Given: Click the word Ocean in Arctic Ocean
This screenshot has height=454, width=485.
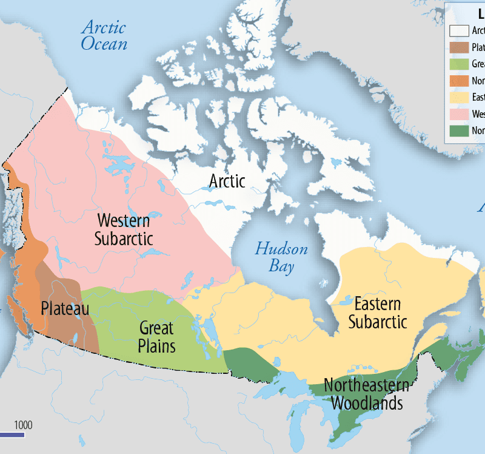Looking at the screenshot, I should pos(105,44).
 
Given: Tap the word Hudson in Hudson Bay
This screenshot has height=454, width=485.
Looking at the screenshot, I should pos(281,249).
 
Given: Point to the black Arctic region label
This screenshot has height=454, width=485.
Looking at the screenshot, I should pos(227,181).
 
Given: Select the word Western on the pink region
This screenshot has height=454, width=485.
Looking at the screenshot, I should pos(124,220).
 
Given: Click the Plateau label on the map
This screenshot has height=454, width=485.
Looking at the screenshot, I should pos(65,308).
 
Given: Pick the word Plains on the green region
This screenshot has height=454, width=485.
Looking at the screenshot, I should pos(156,346).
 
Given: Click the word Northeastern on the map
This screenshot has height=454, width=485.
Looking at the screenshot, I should pos(366,385).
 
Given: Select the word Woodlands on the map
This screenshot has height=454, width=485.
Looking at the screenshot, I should pos(367,402).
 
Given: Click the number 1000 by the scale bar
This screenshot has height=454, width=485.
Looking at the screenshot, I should pos(23,424).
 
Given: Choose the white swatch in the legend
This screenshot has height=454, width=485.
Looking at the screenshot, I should pos(459,30).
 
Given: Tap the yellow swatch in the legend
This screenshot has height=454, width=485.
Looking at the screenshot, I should pos(459,97).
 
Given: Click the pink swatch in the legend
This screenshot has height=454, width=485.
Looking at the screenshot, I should pos(459,113).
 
